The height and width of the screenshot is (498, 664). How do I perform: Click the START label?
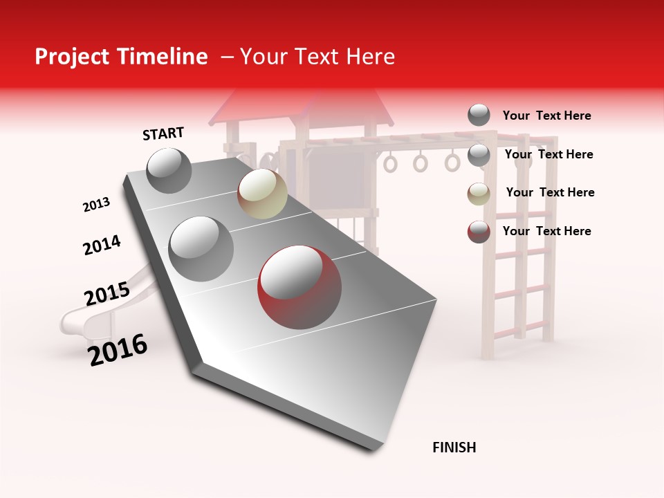click(x=163, y=133)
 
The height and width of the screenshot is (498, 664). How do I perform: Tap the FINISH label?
click(x=454, y=448)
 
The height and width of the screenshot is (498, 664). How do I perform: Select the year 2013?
click(x=96, y=205)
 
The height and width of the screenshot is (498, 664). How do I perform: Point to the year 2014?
click(x=102, y=245)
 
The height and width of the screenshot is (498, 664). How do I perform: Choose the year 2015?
click(x=107, y=294)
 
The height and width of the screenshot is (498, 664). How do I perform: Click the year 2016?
click(x=118, y=350)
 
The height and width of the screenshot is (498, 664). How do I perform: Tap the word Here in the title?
click(x=371, y=57)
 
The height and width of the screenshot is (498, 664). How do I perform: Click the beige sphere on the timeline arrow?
click(x=262, y=194)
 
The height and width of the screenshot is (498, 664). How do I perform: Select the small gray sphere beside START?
click(x=169, y=170)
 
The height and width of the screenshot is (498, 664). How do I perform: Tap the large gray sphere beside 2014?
click(x=201, y=248)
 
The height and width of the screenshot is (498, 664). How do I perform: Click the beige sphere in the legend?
click(x=479, y=194)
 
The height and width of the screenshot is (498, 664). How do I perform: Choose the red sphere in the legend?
click(x=479, y=232)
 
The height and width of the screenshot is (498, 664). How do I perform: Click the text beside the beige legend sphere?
click(x=550, y=192)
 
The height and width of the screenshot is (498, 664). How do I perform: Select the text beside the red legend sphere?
click(x=546, y=231)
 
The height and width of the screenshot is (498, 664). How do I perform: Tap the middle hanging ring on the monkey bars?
click(x=421, y=163)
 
